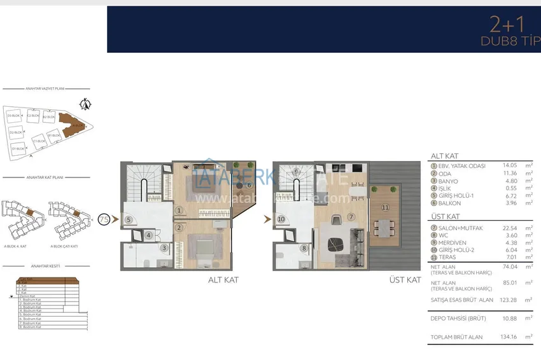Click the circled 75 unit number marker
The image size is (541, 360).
point(104,219)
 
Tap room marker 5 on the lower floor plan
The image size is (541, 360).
point(129,219)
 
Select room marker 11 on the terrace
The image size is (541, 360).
point(384,207)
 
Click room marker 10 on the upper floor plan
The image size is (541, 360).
point(281,219)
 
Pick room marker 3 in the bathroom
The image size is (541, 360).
point(164,247)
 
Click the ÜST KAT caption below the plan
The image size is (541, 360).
point(405,279)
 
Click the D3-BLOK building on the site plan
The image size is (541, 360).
point(13,116)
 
